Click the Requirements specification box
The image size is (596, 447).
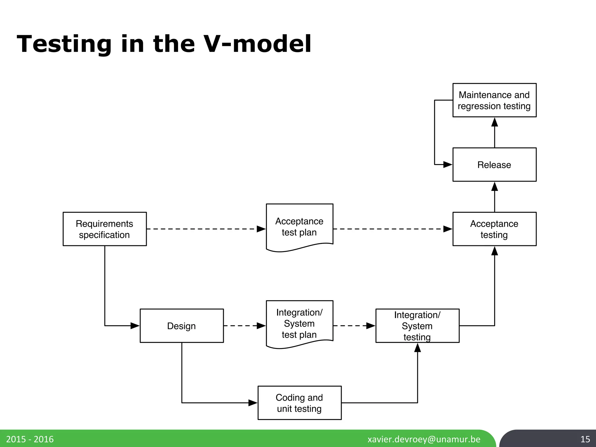click(x=104, y=229)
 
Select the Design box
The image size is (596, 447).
click(x=182, y=326)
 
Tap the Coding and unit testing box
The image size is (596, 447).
click(x=299, y=403)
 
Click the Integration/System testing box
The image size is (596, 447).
click(x=417, y=326)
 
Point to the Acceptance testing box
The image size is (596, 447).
click(x=494, y=229)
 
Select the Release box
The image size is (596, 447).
click(x=494, y=165)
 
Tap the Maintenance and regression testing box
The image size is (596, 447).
click(x=494, y=100)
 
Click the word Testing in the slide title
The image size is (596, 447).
click(x=64, y=44)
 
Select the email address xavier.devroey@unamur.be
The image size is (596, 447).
click(x=424, y=439)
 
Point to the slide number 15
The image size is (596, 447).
click(x=585, y=439)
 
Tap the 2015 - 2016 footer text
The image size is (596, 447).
click(x=30, y=439)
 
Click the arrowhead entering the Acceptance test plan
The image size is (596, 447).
click(x=261, y=229)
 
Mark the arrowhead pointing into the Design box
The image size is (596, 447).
click(x=135, y=326)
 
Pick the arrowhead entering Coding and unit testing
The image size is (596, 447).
click(x=253, y=403)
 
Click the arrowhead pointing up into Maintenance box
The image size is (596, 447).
click(x=494, y=122)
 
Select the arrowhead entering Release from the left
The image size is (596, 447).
click(x=448, y=165)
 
